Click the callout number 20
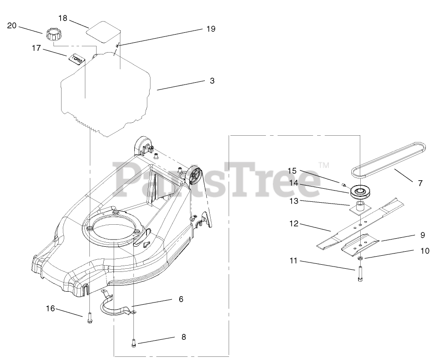click(x=12, y=26)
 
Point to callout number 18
click(x=63, y=18)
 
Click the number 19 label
click(x=211, y=29)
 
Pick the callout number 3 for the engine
click(x=212, y=81)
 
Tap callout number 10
click(x=424, y=251)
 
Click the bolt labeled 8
click(x=133, y=342)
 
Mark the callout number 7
click(x=420, y=183)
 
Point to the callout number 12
click(x=293, y=224)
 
